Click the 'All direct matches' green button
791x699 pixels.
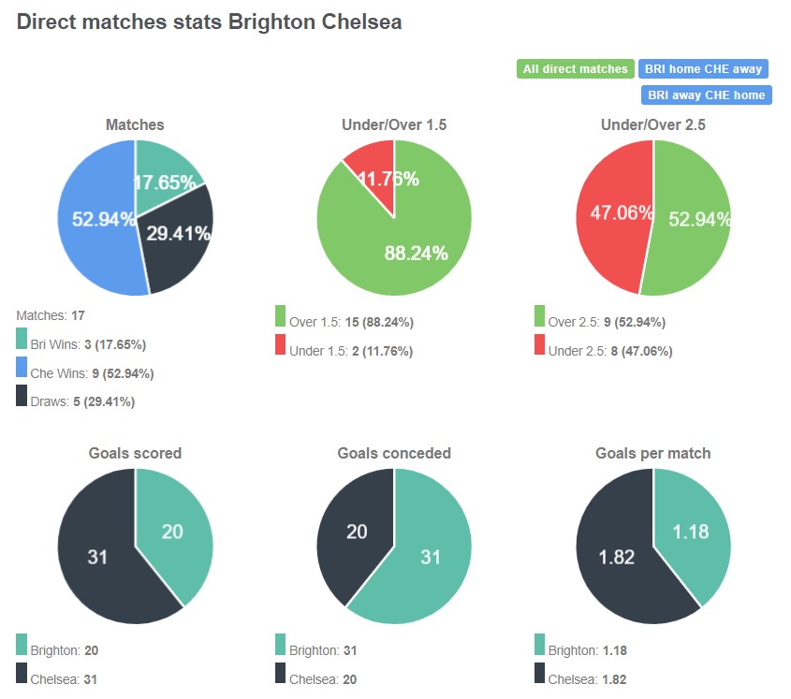[576, 69]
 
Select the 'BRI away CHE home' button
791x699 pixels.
[707, 95]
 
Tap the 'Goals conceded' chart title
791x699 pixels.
[394, 453]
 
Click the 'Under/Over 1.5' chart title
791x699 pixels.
[394, 124]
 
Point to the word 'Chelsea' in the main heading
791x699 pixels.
[360, 22]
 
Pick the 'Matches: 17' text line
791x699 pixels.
[51, 315]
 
